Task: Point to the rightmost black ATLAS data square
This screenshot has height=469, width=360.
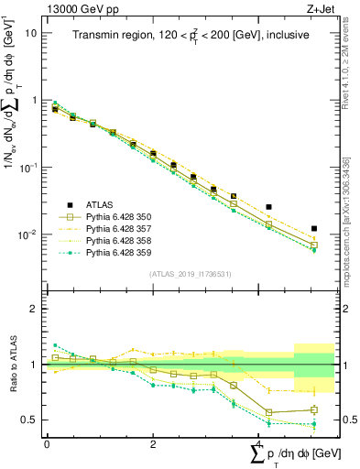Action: coord(314,228)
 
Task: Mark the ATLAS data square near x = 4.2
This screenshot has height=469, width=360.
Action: coord(268,207)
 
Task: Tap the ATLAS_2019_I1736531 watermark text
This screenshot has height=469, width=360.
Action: coord(190,274)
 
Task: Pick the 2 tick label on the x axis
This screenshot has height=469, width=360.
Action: coord(152,444)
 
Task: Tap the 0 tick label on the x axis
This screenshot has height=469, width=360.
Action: coord(47,444)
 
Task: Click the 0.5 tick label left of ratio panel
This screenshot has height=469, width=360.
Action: coord(27,420)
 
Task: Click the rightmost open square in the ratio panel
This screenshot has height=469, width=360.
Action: coord(314,409)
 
